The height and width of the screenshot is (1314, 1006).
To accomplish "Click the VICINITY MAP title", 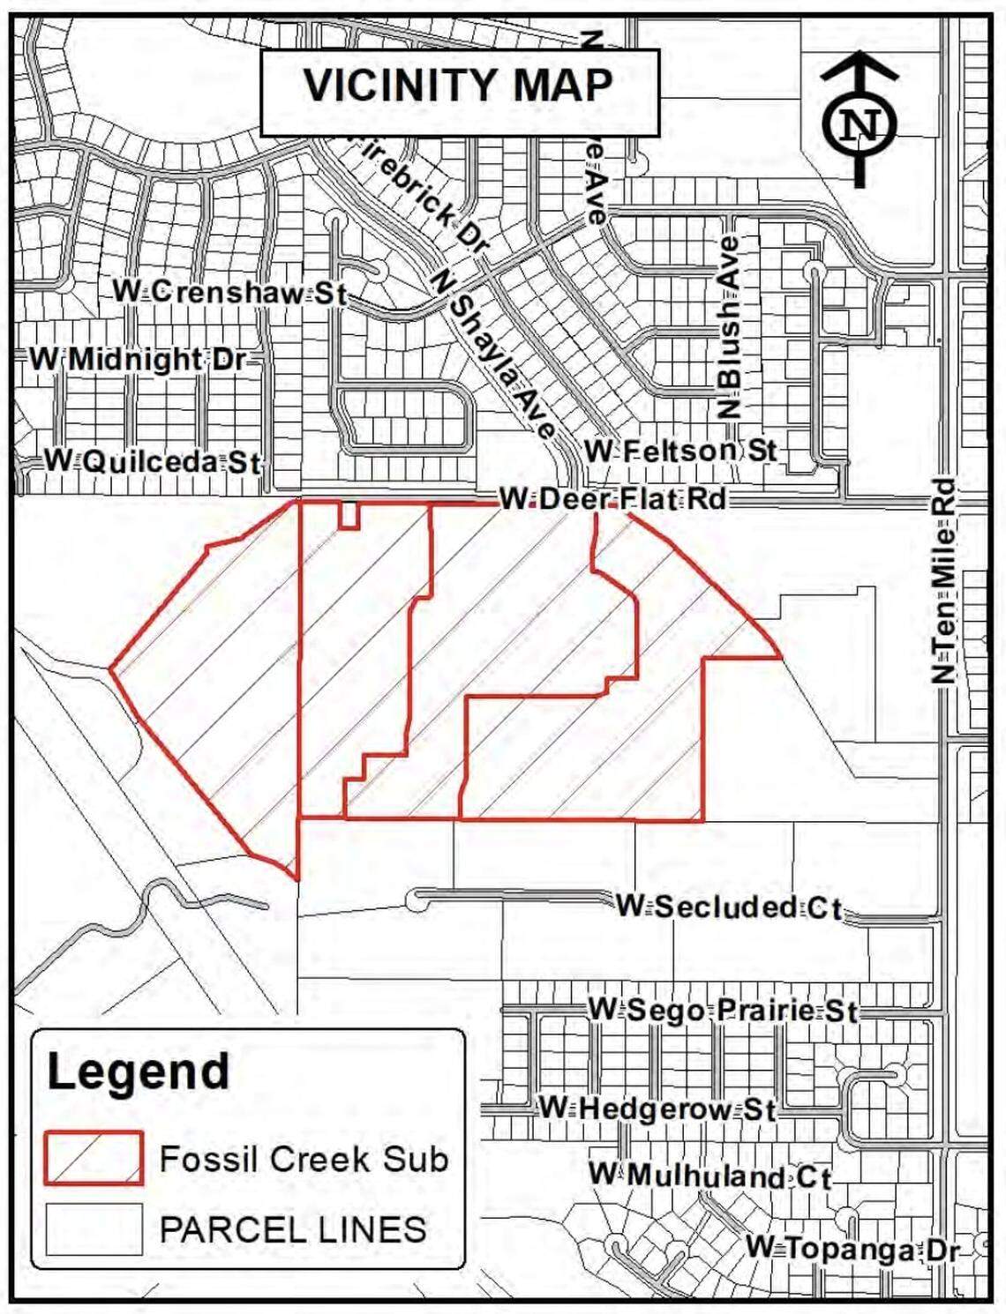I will (x=459, y=86).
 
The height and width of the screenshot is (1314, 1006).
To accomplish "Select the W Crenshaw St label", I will (x=229, y=292).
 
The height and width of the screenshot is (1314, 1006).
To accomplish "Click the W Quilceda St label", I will (x=153, y=461).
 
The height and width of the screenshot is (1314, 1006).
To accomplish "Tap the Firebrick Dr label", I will (x=423, y=195).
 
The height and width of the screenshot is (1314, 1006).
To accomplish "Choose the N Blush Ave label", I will (x=729, y=327).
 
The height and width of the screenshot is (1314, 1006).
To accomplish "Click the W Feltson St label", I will (x=680, y=452).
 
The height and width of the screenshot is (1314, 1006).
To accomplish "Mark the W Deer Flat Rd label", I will (x=612, y=499).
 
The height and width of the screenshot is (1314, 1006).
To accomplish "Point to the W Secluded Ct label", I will (x=729, y=907).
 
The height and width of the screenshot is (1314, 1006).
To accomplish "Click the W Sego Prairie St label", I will (x=723, y=1010).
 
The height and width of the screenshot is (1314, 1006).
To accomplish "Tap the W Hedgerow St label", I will (x=657, y=1109).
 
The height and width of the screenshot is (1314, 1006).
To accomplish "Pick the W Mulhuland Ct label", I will (x=710, y=1176).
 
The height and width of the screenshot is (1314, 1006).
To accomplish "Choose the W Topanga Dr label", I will (x=852, y=1249).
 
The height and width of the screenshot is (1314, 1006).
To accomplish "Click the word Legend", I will (x=139, y=1072).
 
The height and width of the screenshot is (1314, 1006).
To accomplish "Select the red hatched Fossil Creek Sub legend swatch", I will (x=94, y=1158).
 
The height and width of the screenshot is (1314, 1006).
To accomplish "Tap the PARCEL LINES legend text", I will (x=293, y=1229).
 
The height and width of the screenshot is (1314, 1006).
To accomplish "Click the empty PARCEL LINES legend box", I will (x=94, y=1229).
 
